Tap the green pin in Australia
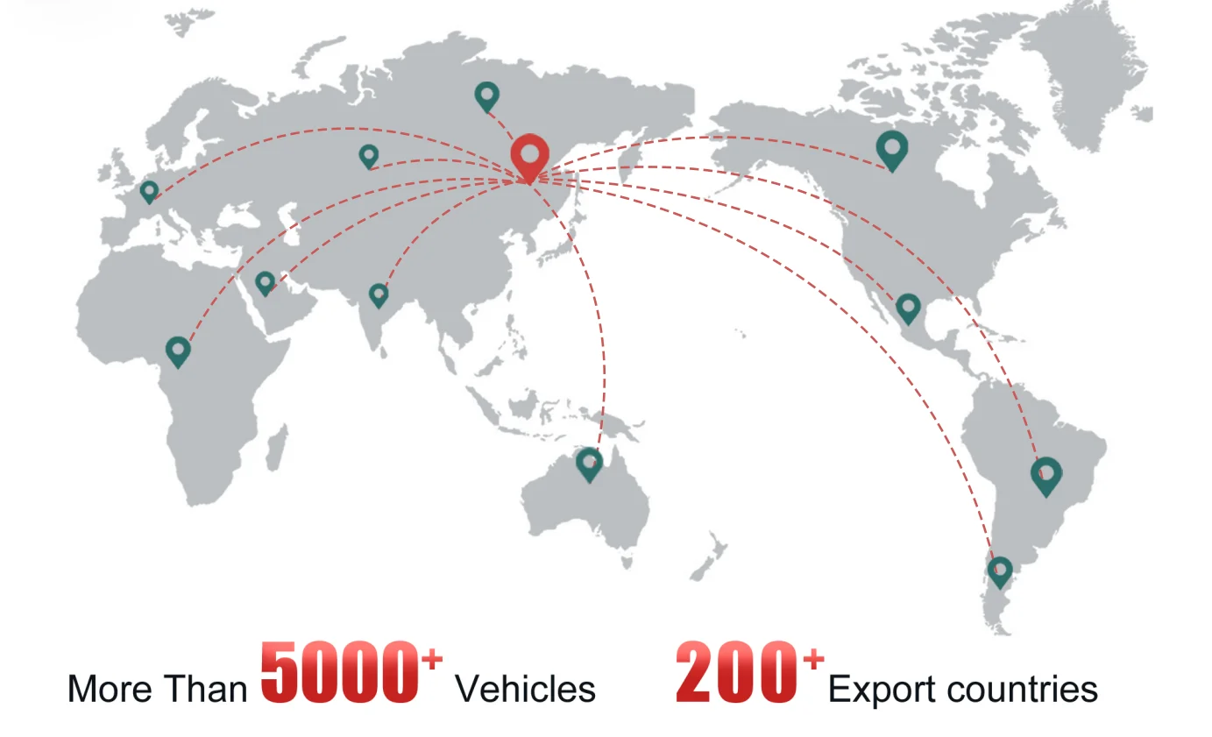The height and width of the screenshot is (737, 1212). pos(590,462)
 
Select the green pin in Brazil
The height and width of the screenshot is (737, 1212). pos(1045,474)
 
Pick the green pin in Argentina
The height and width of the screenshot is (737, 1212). pos(1000,570)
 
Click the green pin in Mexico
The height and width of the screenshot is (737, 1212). pos(908,307)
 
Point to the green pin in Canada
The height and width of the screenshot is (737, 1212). pos(892,149)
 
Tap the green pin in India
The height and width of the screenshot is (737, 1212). pos(379,294)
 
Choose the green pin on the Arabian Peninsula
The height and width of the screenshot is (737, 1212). pos(265,281)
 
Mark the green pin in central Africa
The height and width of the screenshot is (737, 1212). pos(178,351)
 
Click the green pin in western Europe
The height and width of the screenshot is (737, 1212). pos(149,190)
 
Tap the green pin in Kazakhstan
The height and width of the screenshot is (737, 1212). pos(369,155)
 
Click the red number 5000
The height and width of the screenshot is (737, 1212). pos(339,673)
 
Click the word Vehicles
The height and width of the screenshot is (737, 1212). pos(525,689)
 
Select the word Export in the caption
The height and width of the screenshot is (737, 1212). pos(882,689)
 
